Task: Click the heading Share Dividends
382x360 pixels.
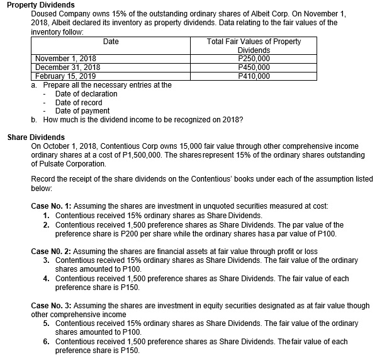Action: (x=35, y=136)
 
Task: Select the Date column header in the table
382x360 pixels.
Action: (x=111, y=42)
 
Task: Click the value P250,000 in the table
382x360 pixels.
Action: (x=254, y=59)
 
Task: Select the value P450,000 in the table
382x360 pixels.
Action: (x=254, y=67)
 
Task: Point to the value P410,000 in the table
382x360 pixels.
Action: (x=254, y=76)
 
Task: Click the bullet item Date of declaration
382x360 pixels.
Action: (x=86, y=93)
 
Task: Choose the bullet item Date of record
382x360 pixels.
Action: (x=79, y=102)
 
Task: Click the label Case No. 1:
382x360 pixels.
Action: (x=53, y=206)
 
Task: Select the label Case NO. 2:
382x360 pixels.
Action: (x=53, y=250)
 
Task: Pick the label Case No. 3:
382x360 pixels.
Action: (x=53, y=305)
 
